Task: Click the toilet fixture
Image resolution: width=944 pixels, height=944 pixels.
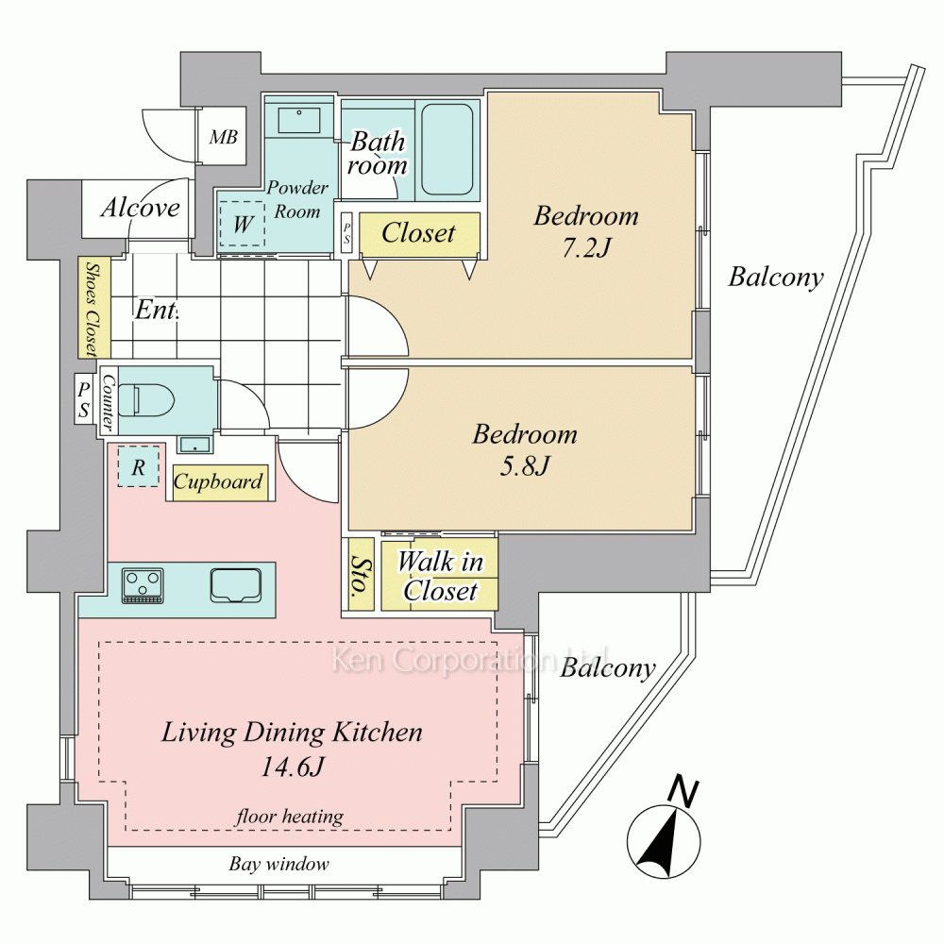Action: tap(145, 399)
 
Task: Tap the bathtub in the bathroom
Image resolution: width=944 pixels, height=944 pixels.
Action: tap(447, 149)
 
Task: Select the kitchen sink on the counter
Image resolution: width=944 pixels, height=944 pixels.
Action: tap(236, 585)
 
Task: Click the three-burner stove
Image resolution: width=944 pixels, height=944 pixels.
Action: tap(143, 585)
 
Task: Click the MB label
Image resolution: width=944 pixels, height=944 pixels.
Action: tap(224, 137)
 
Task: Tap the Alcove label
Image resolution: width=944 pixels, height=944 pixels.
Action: tap(141, 208)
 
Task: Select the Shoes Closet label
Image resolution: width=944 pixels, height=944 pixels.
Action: tap(93, 308)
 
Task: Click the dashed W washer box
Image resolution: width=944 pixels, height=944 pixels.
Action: tap(242, 223)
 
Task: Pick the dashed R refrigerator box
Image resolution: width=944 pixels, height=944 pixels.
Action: tap(139, 466)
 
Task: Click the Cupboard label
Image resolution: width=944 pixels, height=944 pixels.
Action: tap(219, 481)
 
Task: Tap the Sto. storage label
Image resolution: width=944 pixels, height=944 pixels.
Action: tap(362, 575)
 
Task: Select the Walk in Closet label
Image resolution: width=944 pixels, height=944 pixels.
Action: tap(440, 576)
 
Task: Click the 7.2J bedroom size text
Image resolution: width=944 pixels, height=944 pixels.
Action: tap(587, 247)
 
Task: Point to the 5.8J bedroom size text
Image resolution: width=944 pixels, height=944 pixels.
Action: tap(525, 466)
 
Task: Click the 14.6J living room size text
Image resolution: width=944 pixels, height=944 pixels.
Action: tap(293, 767)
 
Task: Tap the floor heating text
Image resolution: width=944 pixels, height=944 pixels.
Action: tap(290, 817)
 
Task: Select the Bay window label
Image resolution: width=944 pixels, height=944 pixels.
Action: tap(278, 864)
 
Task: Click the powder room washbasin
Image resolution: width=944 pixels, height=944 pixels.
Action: tap(298, 120)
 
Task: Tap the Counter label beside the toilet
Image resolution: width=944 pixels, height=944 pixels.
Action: tap(109, 401)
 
